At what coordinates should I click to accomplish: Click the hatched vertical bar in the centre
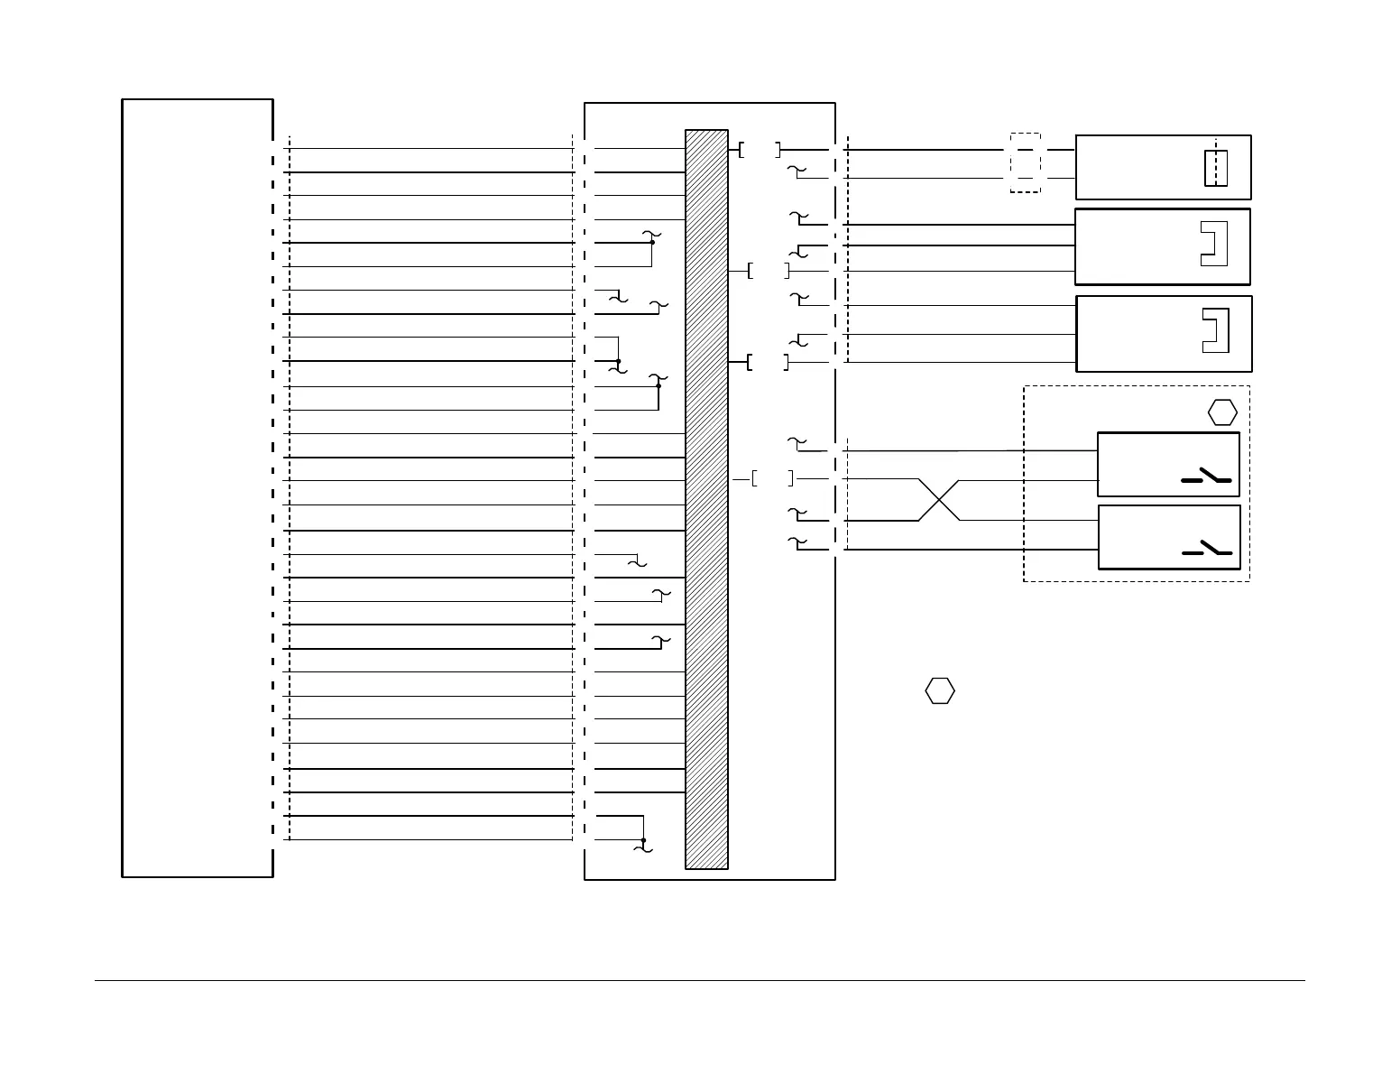click(x=706, y=499)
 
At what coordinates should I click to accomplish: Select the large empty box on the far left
click(x=198, y=487)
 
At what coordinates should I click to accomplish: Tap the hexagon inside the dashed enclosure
click(x=1222, y=412)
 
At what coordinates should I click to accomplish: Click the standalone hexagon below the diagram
click(x=940, y=690)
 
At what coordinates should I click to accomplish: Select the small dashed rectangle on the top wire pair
click(x=1025, y=163)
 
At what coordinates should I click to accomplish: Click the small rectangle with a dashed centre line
click(x=1216, y=168)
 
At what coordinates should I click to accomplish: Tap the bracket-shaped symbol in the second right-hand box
click(x=1214, y=244)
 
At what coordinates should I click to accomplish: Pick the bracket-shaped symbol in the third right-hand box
click(x=1215, y=330)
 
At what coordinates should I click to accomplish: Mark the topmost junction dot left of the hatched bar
click(x=652, y=242)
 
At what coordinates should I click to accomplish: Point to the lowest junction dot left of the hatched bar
click(x=643, y=840)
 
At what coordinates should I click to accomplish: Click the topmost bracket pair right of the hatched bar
click(x=760, y=150)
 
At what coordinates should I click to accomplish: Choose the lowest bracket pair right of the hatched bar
click(x=772, y=478)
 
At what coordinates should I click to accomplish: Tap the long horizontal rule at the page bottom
click(x=699, y=980)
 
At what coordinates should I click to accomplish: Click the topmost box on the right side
click(x=1163, y=167)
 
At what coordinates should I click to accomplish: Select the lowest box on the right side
click(x=1169, y=537)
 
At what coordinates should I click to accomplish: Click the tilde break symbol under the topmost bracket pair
click(x=795, y=170)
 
